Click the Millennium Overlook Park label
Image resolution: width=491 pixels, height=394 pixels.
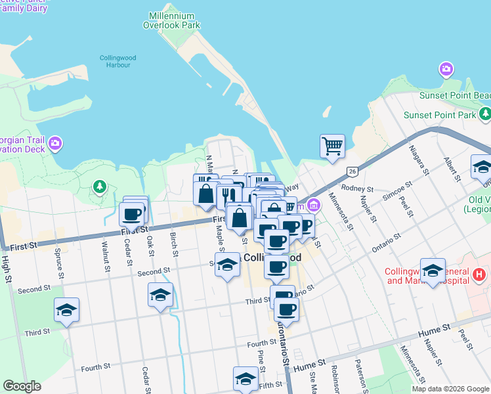tap(171, 20)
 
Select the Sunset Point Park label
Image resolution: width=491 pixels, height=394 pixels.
tap(439, 115)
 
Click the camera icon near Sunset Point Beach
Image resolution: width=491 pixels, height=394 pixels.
tap(447, 69)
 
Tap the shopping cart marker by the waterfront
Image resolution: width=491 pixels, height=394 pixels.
tap(332, 146)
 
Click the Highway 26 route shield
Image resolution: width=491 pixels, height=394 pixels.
tap(352, 171)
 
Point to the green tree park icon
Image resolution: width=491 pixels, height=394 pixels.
tap(99, 187)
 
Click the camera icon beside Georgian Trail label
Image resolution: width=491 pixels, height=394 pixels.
tap(55, 142)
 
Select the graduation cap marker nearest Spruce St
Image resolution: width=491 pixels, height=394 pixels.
tap(66, 309)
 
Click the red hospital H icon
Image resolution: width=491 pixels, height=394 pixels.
tap(480, 273)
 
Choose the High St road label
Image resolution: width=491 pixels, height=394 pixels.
tap(7, 266)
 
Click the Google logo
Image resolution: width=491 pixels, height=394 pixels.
tap(22, 386)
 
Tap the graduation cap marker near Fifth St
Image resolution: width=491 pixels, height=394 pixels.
tap(245, 378)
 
